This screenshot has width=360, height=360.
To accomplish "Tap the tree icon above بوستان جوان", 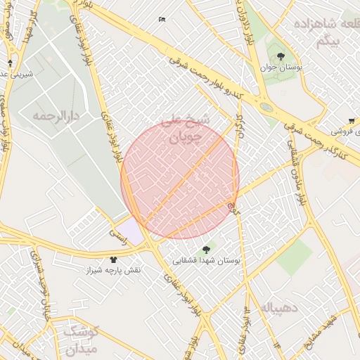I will (x=281, y=56).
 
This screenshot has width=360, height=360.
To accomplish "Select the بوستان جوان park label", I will (x=281, y=69).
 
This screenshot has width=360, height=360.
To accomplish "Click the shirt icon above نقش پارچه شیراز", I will (x=113, y=259).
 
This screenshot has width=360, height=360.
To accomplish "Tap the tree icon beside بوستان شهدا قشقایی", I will (x=206, y=249).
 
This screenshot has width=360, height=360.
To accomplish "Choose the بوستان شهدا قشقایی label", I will (x=207, y=260).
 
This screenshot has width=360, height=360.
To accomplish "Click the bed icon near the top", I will (x=162, y=20).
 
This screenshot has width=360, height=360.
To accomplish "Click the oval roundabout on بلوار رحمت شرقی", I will (x=266, y=107).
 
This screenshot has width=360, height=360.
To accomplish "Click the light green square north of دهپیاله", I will (x=293, y=257).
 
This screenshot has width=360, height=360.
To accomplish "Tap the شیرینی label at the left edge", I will (x=14, y=72).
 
